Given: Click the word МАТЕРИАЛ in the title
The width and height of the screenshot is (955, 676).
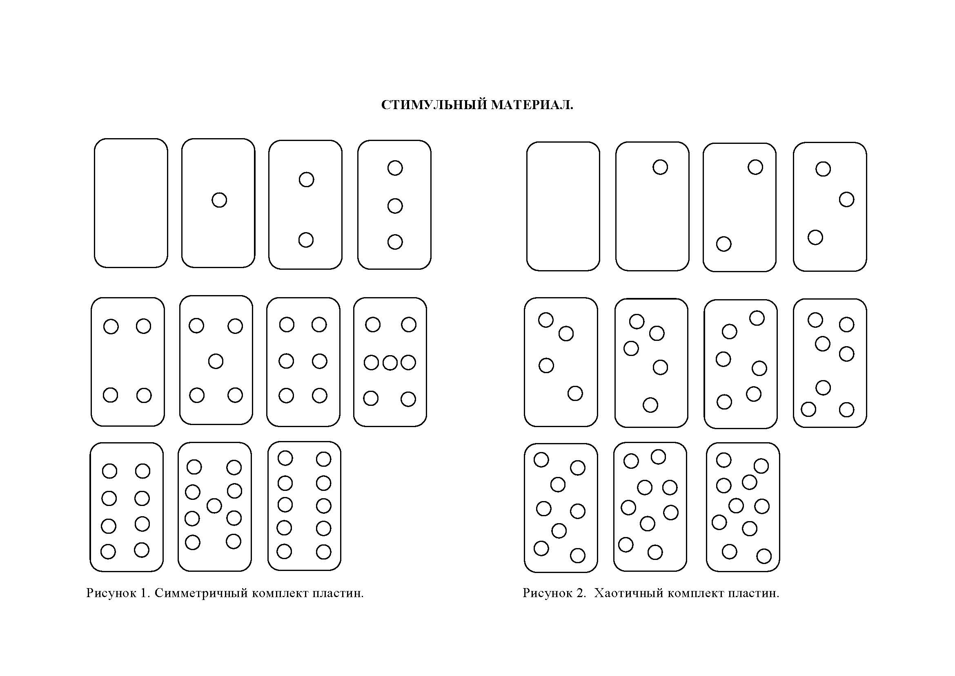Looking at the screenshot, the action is pyautogui.click(x=532, y=105).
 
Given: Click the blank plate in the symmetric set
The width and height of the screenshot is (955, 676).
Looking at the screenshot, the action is pyautogui.click(x=131, y=203).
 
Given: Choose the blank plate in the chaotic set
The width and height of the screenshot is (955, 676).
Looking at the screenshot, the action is pyautogui.click(x=563, y=206).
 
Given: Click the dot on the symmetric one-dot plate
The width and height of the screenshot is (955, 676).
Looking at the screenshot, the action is pyautogui.click(x=219, y=200).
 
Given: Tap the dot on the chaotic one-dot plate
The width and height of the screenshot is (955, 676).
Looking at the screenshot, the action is pyautogui.click(x=660, y=167).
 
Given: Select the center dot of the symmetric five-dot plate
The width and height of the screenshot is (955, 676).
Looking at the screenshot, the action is pyautogui.click(x=216, y=361).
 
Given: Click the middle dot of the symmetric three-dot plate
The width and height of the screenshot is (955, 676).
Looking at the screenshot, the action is pyautogui.click(x=395, y=206).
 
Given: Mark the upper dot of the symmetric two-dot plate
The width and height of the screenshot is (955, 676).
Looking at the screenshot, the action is pyautogui.click(x=307, y=179).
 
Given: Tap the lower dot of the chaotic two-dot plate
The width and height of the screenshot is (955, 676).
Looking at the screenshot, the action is pyautogui.click(x=724, y=244).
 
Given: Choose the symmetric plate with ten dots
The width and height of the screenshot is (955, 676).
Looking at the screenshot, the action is pyautogui.click(x=305, y=506).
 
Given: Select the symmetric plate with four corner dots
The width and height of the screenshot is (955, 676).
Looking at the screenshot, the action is pyautogui.click(x=128, y=362).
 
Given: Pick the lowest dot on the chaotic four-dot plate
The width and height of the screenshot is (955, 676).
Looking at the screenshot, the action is pyautogui.click(x=575, y=393).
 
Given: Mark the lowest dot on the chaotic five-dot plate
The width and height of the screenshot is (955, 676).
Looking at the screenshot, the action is pyautogui.click(x=650, y=405).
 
